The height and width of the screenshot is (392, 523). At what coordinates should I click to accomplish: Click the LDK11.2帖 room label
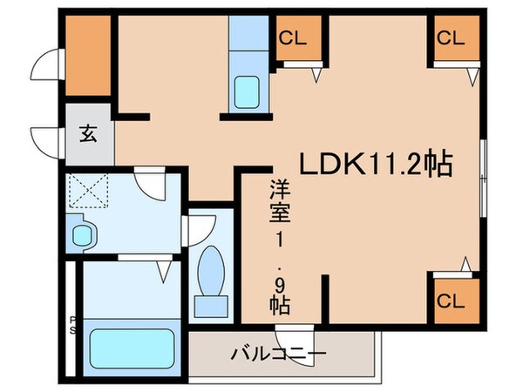375,164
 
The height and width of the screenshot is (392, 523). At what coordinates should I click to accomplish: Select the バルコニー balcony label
279,355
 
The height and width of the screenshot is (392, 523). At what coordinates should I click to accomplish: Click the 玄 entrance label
89,133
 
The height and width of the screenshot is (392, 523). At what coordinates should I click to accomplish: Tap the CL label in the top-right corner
450,37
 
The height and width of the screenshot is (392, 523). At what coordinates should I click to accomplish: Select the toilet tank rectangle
209,306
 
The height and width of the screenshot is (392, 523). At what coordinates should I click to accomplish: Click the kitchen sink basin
248,91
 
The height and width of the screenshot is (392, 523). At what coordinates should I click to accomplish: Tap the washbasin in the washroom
83,236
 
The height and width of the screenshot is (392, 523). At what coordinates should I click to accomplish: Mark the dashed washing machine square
87,189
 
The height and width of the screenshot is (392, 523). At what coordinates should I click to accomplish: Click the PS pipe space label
72,324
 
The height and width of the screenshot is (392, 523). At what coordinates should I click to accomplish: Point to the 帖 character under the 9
279,304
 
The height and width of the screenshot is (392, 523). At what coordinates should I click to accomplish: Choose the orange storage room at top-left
88,54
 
